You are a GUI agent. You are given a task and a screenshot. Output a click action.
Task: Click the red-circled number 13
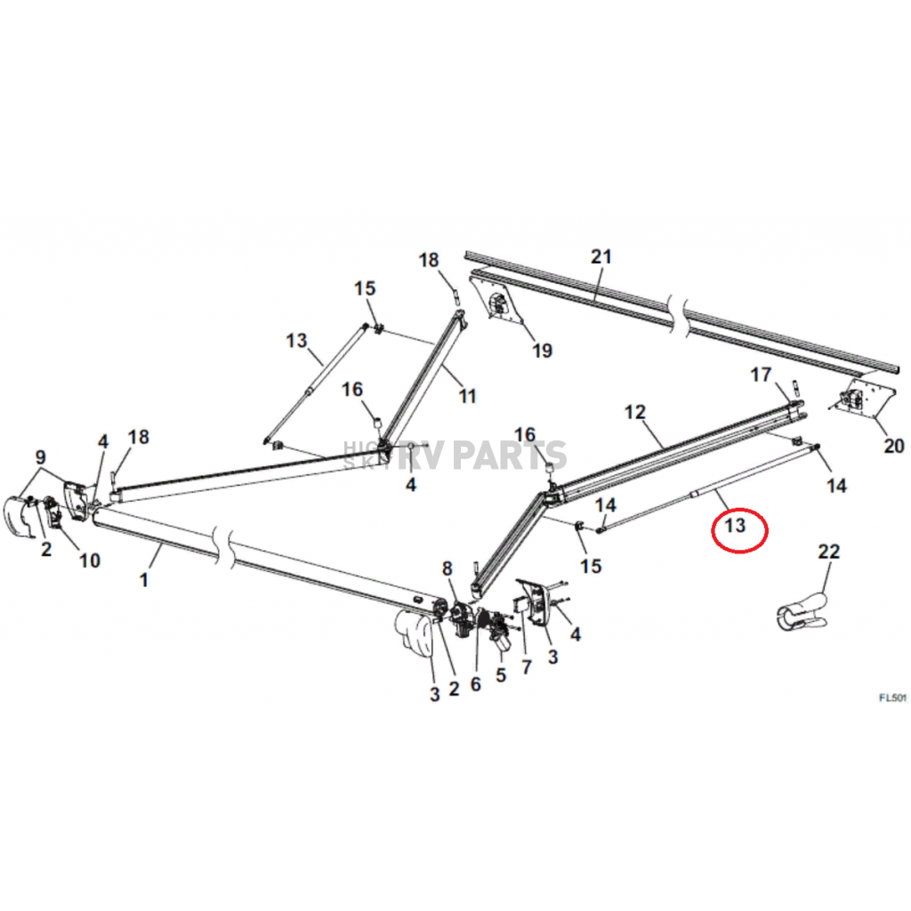735,526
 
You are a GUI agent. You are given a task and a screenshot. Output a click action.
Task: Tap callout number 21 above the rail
602,258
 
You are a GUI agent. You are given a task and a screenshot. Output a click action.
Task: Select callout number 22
828,552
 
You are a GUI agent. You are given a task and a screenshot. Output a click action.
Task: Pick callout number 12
634,412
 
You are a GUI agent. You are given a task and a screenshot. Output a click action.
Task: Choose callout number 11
467,396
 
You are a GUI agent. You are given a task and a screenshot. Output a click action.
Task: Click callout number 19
542,351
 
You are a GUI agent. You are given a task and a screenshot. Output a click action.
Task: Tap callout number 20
892,446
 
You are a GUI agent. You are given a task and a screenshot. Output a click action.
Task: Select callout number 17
761,375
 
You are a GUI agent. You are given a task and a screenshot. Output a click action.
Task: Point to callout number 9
39,457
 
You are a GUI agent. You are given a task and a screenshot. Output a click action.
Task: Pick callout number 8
447,567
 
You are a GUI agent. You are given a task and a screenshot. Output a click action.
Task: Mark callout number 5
500,675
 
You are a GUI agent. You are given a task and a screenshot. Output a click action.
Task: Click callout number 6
475,683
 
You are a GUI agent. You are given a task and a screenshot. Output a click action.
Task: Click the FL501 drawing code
892,698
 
